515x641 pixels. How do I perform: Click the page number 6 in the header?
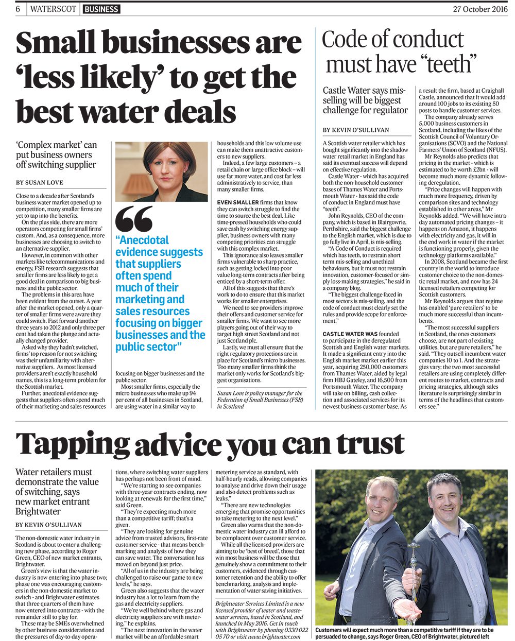point(18,9)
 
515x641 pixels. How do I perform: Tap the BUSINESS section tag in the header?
point(101,9)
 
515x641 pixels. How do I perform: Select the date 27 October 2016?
point(479,9)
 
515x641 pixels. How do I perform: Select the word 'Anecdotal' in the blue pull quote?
point(142,240)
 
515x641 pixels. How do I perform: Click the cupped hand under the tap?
point(416,612)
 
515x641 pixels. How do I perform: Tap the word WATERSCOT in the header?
point(54,9)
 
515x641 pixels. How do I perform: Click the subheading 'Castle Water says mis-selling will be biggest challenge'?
point(365,100)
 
